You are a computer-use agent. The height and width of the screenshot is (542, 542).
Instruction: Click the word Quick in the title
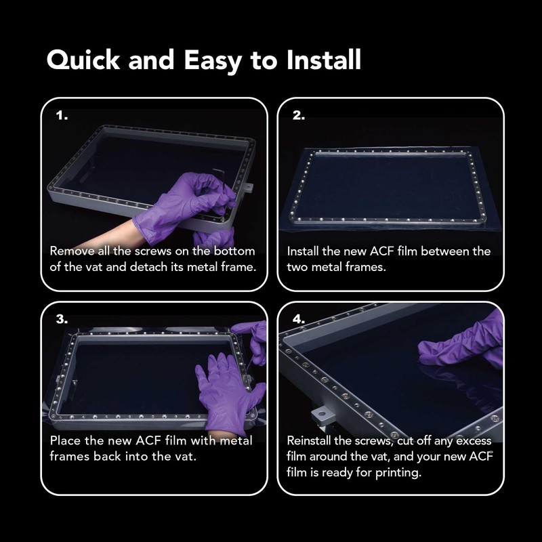[83, 60]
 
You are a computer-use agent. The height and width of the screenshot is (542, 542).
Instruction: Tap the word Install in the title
[324, 60]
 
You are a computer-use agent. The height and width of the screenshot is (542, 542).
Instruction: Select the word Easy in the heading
[213, 62]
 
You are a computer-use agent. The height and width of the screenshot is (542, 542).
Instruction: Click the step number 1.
[62, 115]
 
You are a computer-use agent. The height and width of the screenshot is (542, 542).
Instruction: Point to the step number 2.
[299, 115]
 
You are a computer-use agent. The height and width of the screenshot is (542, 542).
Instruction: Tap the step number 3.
[62, 319]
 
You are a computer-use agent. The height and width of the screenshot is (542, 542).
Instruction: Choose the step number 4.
[299, 319]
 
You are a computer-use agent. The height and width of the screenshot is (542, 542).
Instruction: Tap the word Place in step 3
[66, 440]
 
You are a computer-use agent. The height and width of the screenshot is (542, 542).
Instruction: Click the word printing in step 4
[398, 472]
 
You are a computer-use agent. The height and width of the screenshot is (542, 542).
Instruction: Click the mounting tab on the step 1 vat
[247, 188]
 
